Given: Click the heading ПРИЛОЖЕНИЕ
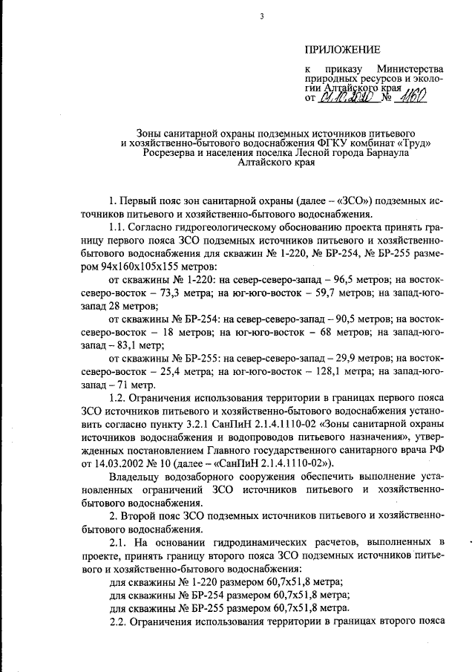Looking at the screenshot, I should [x=342, y=50].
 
